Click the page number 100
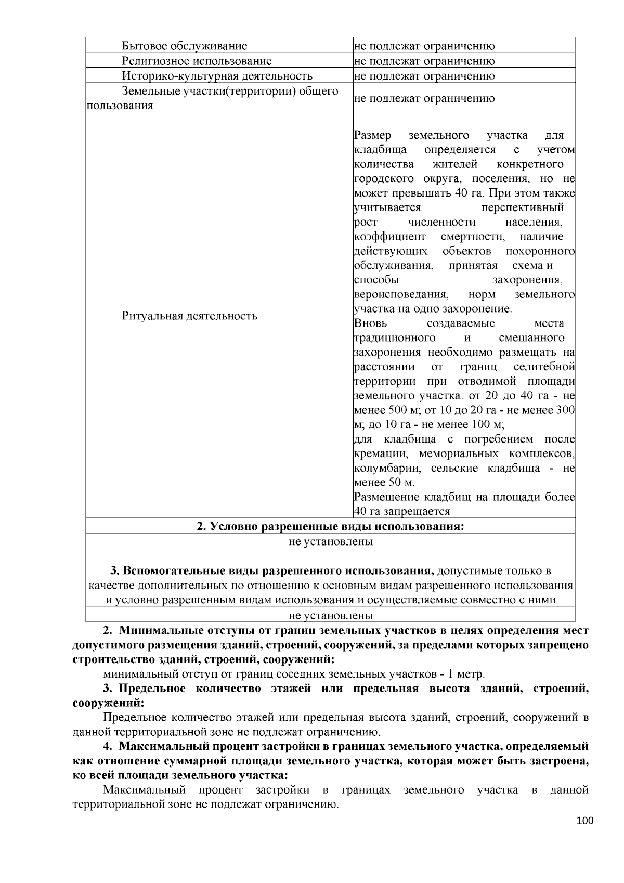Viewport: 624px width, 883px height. click(584, 821)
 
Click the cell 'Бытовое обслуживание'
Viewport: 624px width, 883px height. click(185, 46)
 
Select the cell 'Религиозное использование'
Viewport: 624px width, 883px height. click(197, 61)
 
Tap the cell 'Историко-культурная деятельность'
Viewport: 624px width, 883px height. click(217, 76)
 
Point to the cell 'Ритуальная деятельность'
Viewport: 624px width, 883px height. click(189, 316)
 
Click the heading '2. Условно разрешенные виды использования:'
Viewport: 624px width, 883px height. click(330, 526)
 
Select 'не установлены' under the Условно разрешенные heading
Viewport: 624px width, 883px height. click(330, 541)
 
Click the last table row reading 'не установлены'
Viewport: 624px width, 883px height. click(330, 616)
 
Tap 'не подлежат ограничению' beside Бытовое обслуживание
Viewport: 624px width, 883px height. click(424, 46)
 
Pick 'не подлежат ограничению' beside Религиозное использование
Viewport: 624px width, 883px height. click(424, 61)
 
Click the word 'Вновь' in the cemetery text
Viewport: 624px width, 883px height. click(370, 323)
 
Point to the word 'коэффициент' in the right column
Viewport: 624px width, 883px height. click(389, 237)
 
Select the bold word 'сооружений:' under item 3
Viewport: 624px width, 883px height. click(108, 703)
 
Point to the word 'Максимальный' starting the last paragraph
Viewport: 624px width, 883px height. click(145, 790)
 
